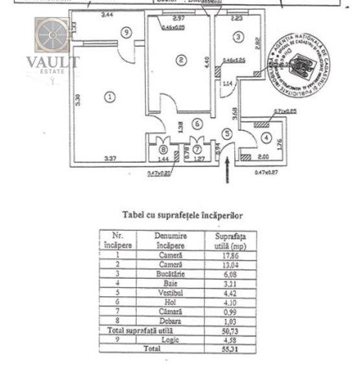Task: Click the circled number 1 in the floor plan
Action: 110,97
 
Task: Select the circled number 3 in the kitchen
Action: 238,37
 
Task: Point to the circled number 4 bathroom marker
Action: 265,137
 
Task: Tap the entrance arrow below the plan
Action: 227,171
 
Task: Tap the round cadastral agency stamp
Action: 300,64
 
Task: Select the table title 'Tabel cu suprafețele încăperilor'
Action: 182,215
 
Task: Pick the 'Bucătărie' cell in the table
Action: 171,274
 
